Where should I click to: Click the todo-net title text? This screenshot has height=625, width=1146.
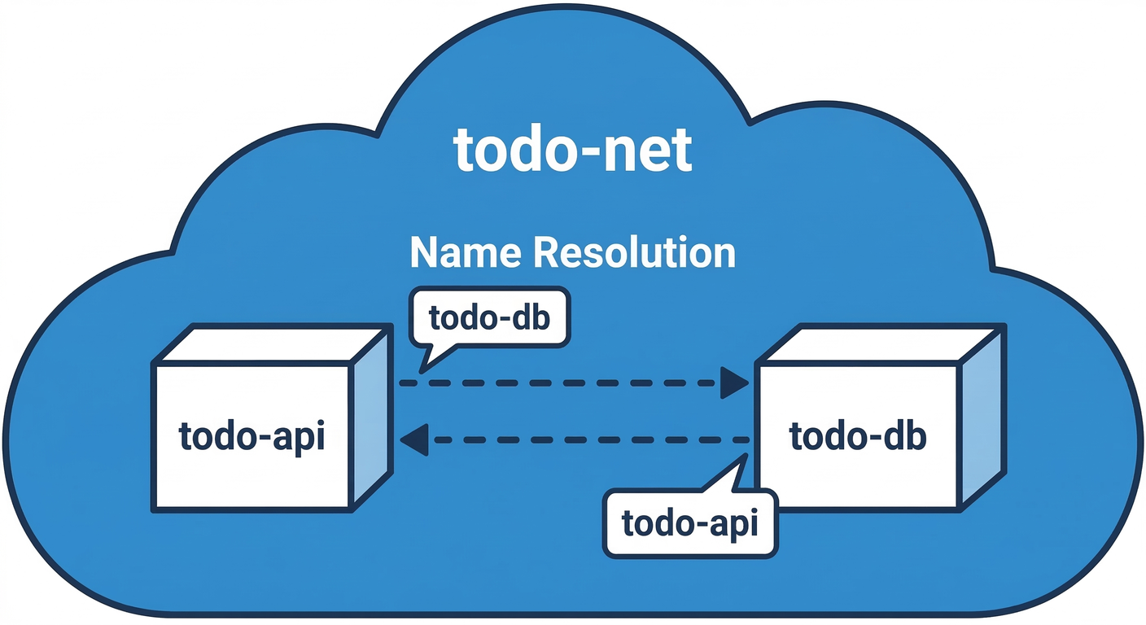pyautogui.click(x=573, y=151)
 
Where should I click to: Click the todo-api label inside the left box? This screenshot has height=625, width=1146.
pyautogui.click(x=252, y=437)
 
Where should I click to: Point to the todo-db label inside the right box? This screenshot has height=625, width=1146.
pyautogui.click(x=858, y=437)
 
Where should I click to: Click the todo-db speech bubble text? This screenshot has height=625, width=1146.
pyautogui.click(x=489, y=318)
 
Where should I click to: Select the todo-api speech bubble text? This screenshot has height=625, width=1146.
pyautogui.click(x=690, y=523)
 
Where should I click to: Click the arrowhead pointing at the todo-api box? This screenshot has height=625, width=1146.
pyautogui.click(x=415, y=440)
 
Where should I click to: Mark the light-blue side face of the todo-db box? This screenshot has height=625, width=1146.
pyautogui.click(x=981, y=419)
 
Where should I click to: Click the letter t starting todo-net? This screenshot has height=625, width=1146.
pyautogui.click(x=464, y=151)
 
